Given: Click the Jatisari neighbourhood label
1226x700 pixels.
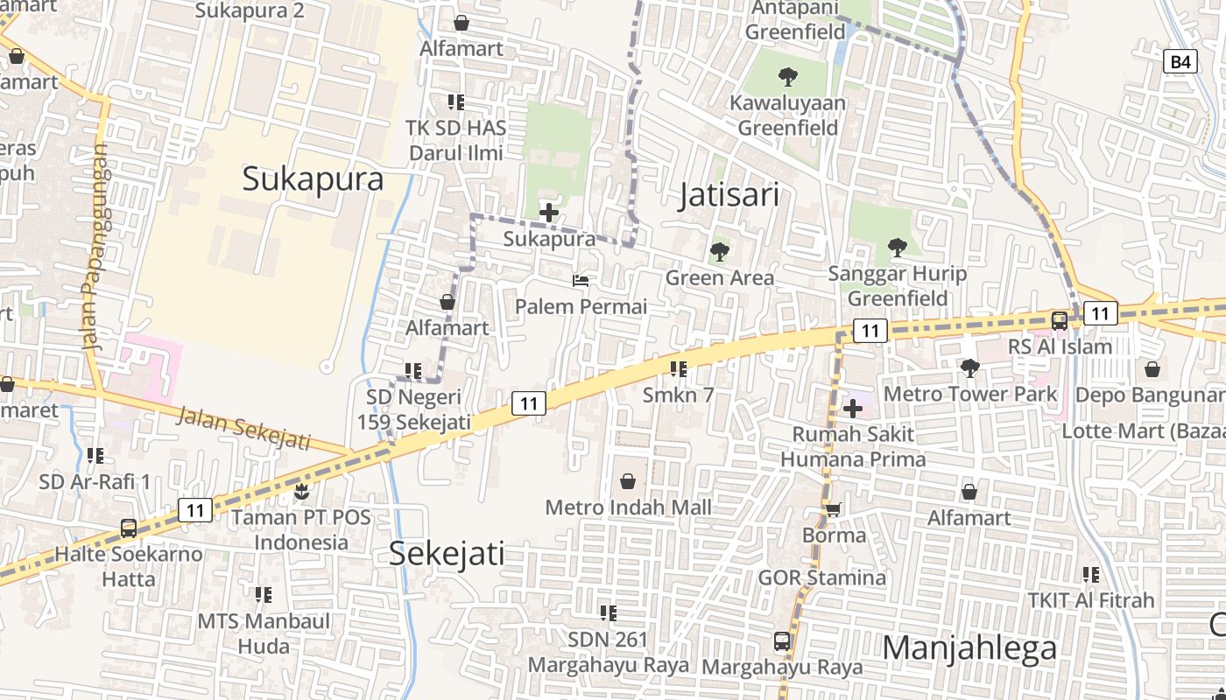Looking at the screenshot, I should click(x=729, y=195).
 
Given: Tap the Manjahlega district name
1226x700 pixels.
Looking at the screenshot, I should click(x=969, y=648).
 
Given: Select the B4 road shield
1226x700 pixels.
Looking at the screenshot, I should click(x=1180, y=61).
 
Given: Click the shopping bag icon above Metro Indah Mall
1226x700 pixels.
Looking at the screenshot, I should click(x=628, y=480).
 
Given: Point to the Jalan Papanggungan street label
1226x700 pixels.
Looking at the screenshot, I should click(x=95, y=247).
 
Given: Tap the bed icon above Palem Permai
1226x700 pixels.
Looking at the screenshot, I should click(x=581, y=281).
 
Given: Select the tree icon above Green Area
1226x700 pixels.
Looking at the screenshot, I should click(x=720, y=252).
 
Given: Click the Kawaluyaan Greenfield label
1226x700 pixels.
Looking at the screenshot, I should click(x=788, y=115).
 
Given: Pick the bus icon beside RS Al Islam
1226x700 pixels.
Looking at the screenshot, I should click(x=1060, y=320).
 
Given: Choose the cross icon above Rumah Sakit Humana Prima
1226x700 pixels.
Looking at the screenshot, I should click(x=853, y=409).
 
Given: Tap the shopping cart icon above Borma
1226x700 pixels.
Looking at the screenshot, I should click(x=834, y=509).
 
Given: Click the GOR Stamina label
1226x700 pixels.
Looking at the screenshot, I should click(x=821, y=577).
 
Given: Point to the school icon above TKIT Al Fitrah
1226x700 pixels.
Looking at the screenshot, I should click(x=1090, y=575).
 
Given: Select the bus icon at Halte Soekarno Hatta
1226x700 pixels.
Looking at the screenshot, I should click(x=129, y=528).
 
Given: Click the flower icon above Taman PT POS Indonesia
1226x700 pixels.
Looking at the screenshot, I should click(x=301, y=492).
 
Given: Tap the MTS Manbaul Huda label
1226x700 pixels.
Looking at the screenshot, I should click(x=264, y=633).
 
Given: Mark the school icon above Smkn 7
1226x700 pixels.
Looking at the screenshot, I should click(x=678, y=369).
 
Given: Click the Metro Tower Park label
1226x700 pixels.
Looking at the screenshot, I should click(x=970, y=394).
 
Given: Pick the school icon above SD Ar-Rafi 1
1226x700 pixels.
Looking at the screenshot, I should click(x=95, y=455).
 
